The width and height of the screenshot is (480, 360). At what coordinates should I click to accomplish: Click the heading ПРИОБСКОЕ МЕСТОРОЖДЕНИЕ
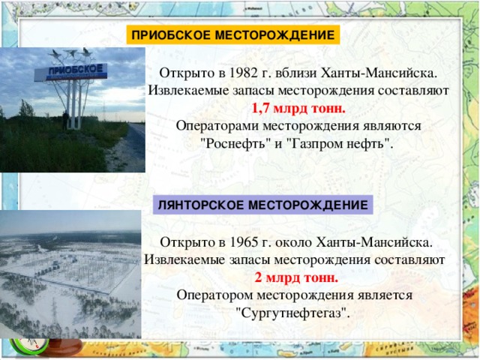pos(232,35)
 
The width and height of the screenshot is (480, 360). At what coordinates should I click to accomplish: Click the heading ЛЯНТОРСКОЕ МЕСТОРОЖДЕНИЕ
pos(263,205)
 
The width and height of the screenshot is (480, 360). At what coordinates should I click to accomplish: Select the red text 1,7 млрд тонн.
pos(298,108)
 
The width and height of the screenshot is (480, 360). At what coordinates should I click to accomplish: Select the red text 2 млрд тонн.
pos(297,277)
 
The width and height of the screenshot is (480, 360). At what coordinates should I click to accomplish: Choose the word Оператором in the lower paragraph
pos(215,295)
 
